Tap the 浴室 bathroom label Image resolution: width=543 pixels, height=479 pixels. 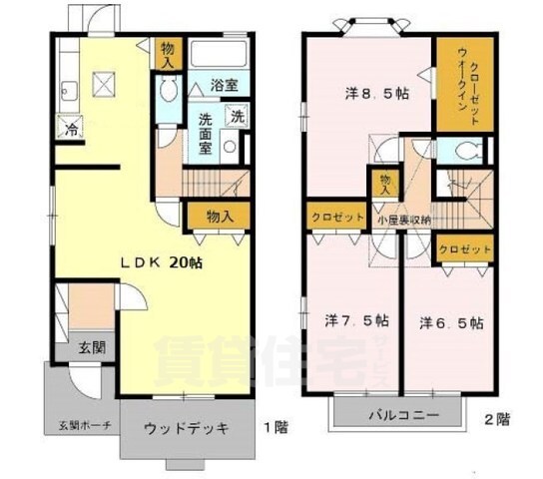[224, 87]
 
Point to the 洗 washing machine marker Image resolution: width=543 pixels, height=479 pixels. [238, 115]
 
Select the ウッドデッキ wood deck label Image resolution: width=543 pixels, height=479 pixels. [186, 428]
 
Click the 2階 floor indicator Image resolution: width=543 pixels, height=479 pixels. [496, 417]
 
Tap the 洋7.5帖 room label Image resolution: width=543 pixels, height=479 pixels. [356, 322]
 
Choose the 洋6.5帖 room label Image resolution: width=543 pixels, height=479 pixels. [451, 322]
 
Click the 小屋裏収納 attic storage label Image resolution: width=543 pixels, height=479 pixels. [403, 220]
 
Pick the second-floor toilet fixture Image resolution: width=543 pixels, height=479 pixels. [461, 153]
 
